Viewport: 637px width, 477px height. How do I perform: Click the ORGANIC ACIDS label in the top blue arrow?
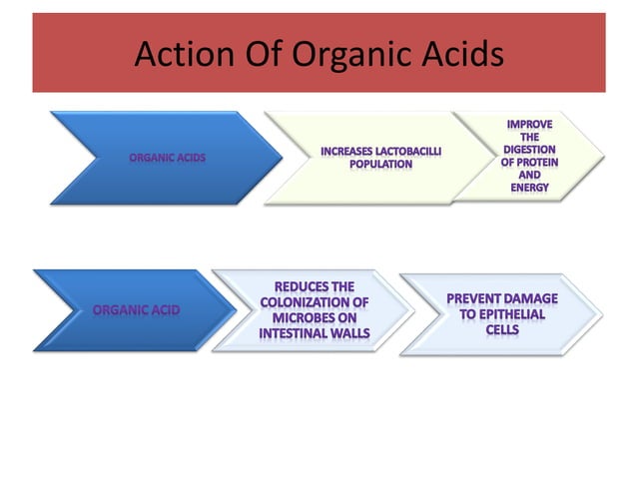(167, 158)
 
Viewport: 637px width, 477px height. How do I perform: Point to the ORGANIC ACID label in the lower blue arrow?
(137, 310)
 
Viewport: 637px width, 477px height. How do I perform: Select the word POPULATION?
(380, 164)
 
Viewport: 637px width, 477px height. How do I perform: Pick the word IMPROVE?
(529, 124)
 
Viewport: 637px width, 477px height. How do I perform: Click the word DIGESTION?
(530, 150)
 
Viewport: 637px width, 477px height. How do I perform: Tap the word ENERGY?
(530, 189)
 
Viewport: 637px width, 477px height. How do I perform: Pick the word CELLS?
(502, 329)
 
